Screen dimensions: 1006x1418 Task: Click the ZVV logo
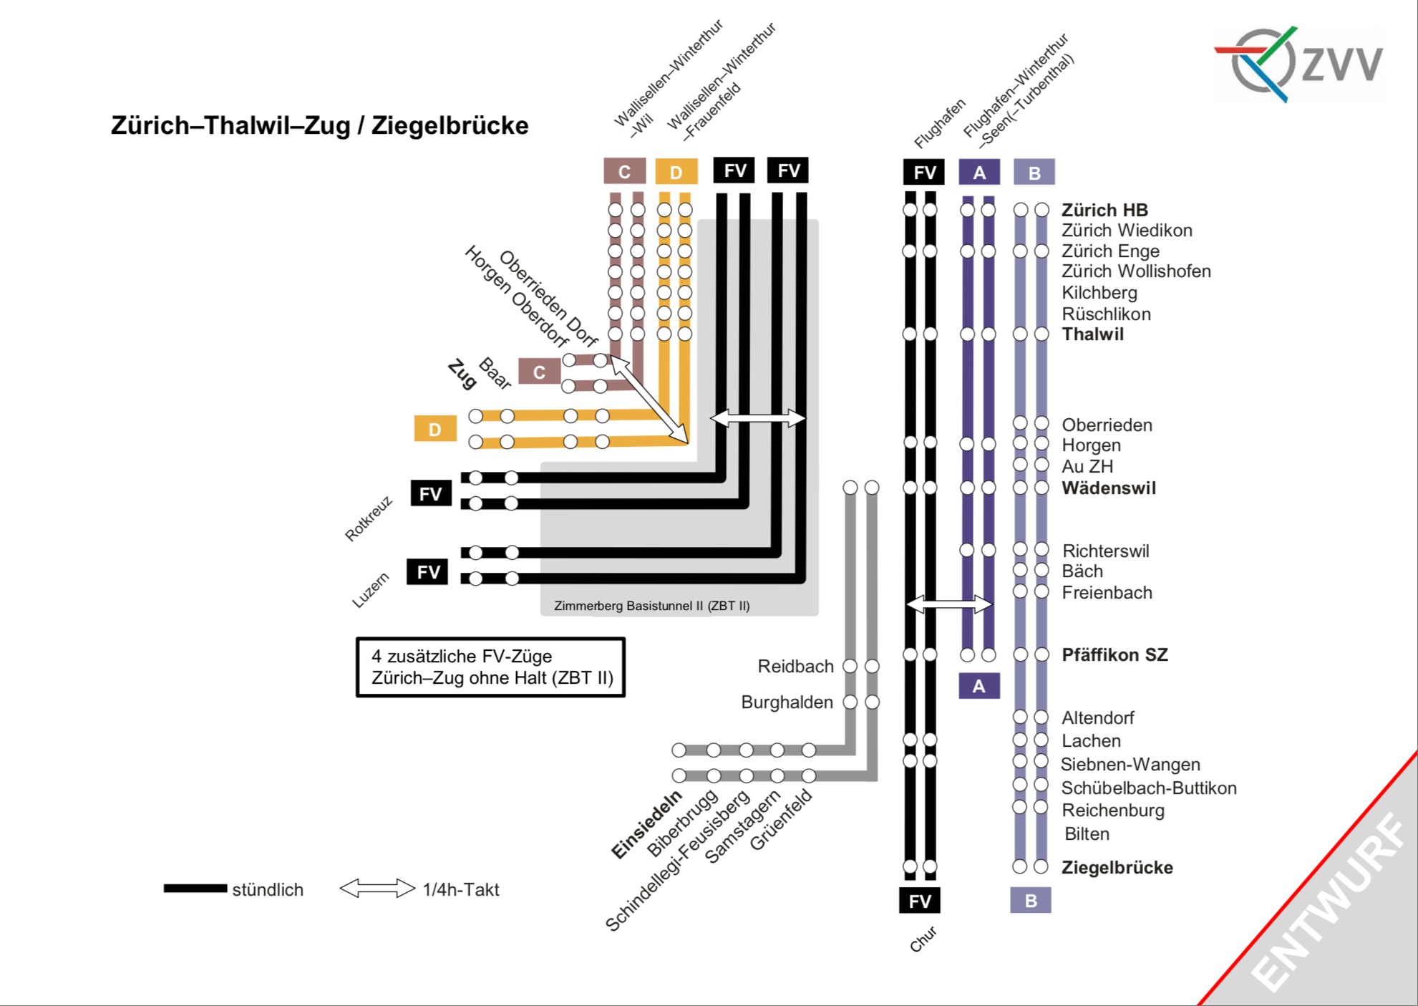tap(1299, 64)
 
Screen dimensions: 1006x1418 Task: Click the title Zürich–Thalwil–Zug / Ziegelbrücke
tap(319, 125)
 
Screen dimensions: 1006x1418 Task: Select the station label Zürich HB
tap(1104, 210)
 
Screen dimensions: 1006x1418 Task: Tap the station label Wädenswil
tap(1108, 488)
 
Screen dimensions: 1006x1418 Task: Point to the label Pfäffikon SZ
tap(1115, 654)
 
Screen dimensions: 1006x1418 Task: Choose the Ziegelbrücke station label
tap(1117, 867)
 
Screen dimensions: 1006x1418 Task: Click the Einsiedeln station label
tap(646, 825)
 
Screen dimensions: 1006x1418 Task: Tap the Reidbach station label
tap(795, 667)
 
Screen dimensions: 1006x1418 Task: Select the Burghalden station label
tap(787, 702)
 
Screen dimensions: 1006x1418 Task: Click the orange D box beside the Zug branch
tap(435, 429)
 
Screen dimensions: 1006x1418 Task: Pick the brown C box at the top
tap(624, 172)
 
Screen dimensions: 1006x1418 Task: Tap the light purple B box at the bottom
tap(1030, 900)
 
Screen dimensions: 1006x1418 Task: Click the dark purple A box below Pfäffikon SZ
tap(978, 686)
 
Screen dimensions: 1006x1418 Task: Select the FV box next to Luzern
tap(427, 571)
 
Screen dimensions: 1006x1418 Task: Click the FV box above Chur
tap(919, 901)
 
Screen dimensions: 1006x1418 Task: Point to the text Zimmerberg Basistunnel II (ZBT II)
tap(651, 606)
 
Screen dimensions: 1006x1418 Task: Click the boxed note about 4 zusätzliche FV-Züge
tap(491, 667)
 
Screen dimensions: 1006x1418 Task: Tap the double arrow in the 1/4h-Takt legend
tap(377, 889)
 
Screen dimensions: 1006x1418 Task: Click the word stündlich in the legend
tap(268, 889)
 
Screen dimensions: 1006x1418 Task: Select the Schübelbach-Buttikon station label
tap(1148, 788)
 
